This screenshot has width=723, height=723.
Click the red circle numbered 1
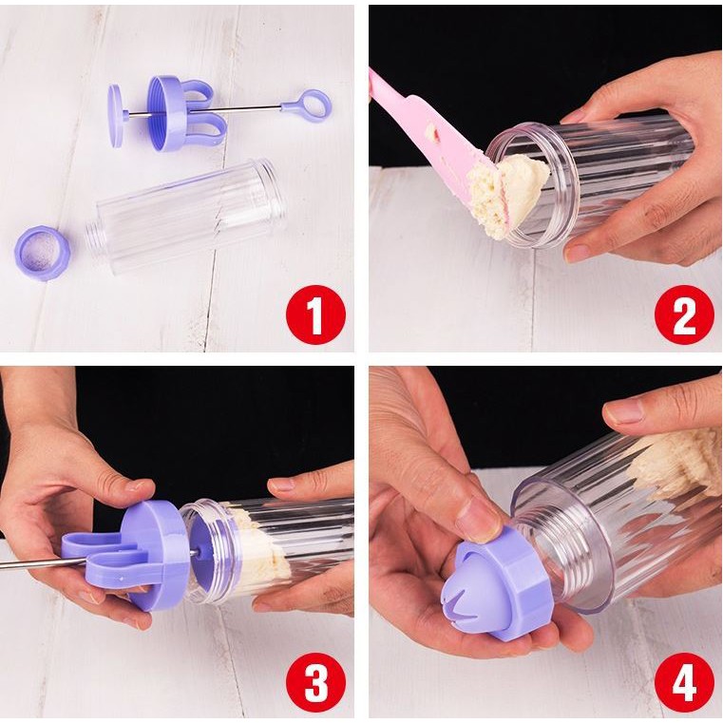[315, 314]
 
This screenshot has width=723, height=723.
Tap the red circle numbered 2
[684, 314]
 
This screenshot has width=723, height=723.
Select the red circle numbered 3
[315, 683]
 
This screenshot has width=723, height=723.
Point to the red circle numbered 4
[684, 683]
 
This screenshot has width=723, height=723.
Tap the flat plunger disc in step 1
[116, 115]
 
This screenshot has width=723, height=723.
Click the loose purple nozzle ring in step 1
[43, 253]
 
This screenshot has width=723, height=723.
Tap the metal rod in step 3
[43, 563]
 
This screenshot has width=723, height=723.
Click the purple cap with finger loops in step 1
[182, 114]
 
